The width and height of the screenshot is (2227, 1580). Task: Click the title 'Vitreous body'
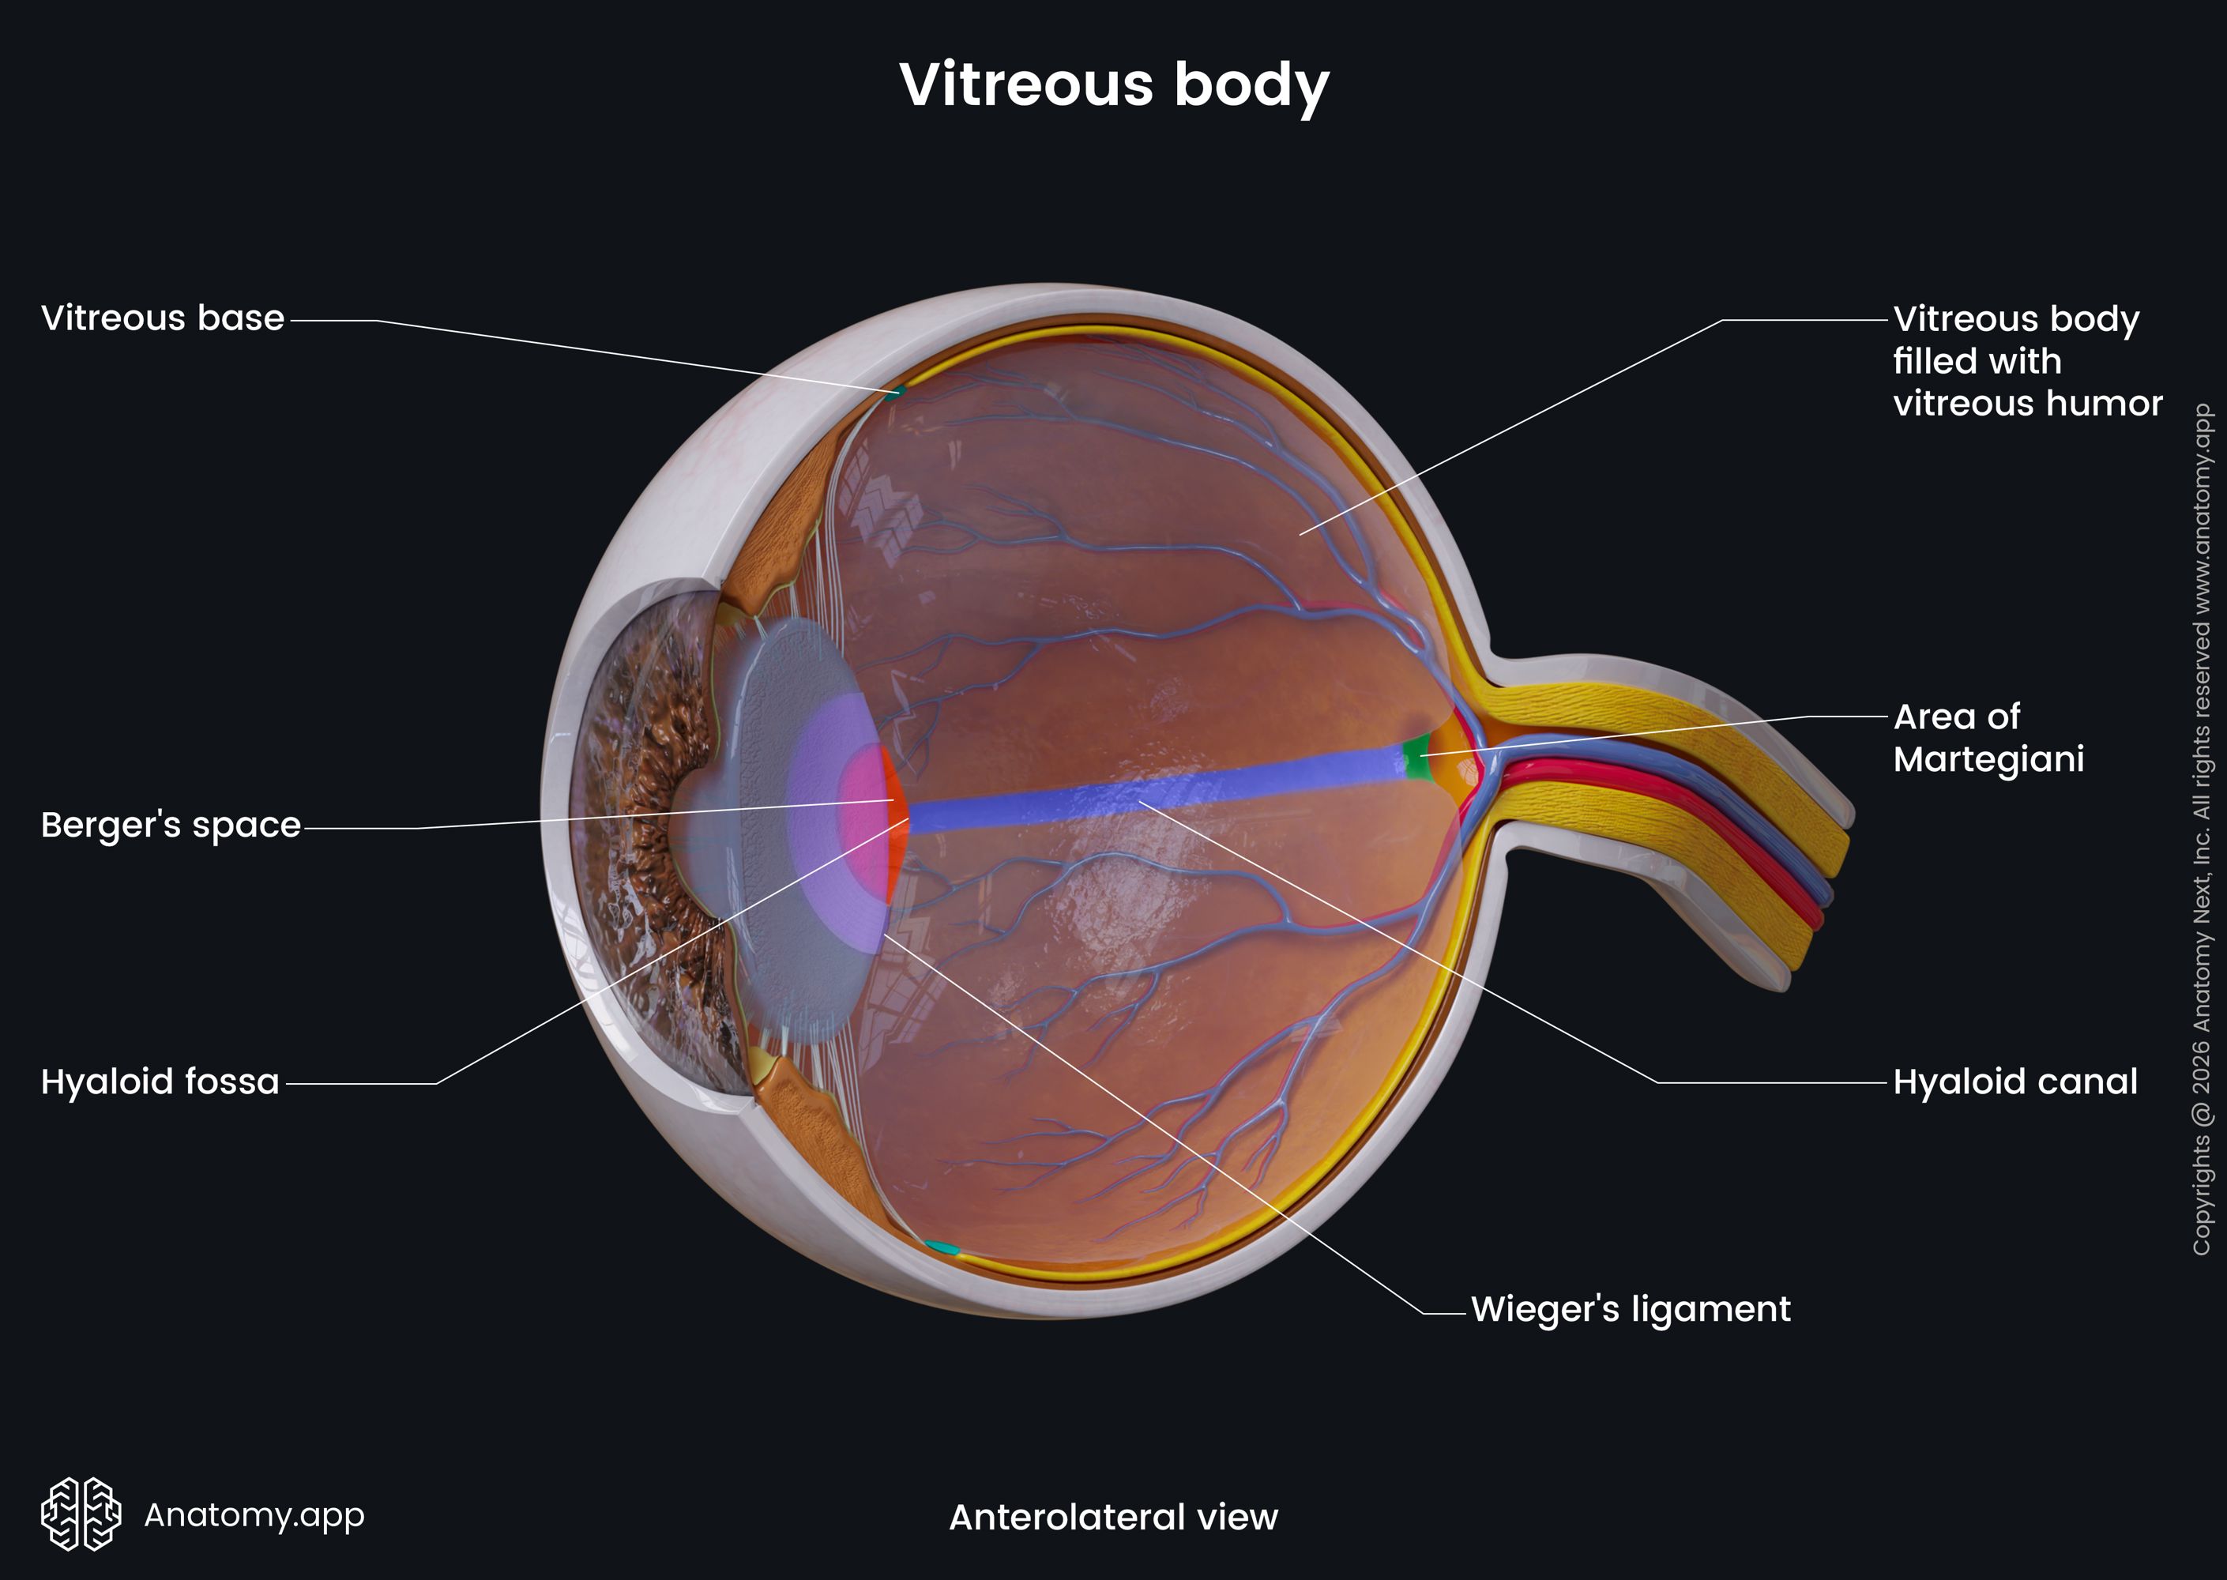point(1114,85)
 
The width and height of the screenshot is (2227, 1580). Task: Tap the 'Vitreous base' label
point(163,318)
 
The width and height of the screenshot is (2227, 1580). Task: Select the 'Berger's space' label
point(171,825)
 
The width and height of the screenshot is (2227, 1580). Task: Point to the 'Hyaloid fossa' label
point(160,1081)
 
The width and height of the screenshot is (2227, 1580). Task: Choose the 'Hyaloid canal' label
point(2015,1081)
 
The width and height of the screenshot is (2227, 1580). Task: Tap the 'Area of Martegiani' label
point(1988,737)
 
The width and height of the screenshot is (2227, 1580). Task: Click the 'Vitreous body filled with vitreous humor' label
point(2028,361)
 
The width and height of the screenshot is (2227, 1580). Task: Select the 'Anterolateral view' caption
point(1113,1517)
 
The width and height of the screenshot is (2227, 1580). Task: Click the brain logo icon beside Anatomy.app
point(81,1514)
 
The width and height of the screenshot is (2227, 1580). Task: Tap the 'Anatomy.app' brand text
point(254,1514)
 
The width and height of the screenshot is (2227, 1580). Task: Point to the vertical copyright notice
point(2202,829)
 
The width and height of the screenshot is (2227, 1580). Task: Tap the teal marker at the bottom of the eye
point(941,1247)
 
